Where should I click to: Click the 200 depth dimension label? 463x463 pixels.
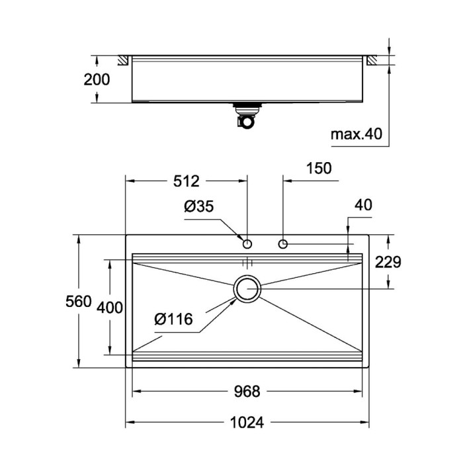(97, 80)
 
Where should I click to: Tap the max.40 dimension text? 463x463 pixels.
(357, 135)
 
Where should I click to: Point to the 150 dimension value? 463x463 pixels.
(319, 169)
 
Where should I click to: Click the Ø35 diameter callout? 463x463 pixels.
(198, 206)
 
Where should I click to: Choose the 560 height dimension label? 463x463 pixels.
(79, 302)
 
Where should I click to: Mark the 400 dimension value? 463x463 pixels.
(110, 307)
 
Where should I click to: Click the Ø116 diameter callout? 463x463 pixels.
(173, 320)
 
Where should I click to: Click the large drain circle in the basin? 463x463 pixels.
(247, 289)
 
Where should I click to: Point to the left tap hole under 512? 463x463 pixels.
(247, 243)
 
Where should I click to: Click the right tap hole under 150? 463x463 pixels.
(283, 243)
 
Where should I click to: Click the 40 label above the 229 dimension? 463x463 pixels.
(363, 205)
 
